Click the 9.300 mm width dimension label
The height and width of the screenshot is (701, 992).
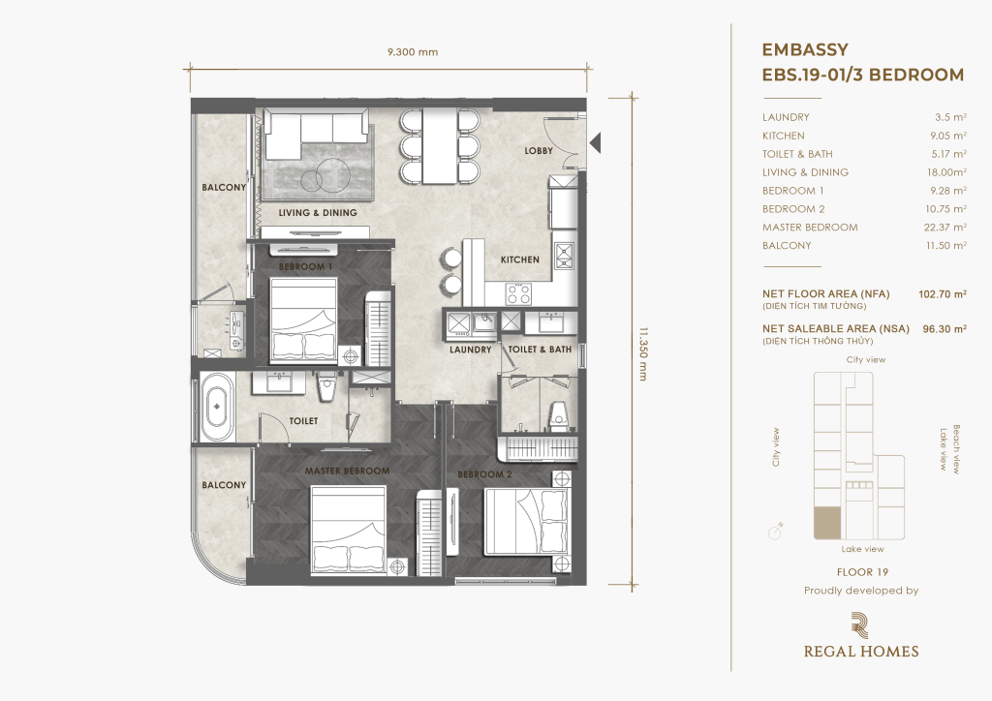click(413, 52)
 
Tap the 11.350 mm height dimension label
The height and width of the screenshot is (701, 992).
click(643, 354)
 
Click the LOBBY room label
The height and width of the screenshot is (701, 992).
click(539, 150)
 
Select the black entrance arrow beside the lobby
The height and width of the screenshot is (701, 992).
click(595, 143)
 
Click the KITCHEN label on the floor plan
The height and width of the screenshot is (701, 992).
click(520, 259)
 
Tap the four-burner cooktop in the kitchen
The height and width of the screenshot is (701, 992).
click(518, 293)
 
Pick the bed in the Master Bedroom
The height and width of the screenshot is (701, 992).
click(349, 530)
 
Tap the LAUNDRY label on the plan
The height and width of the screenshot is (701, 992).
click(470, 350)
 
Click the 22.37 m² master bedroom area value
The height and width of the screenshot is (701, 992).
click(945, 227)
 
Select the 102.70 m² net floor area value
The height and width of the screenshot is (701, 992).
click(942, 294)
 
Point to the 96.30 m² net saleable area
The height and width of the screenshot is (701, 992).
click(945, 328)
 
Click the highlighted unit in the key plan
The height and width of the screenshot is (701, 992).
click(827, 523)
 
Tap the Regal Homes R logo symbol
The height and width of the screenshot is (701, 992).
click(860, 625)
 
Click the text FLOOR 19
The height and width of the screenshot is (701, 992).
click(862, 572)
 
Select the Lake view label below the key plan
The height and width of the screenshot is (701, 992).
click(862, 549)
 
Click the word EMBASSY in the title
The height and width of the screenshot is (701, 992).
click(805, 50)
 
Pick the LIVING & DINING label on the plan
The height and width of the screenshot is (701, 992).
click(318, 213)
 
